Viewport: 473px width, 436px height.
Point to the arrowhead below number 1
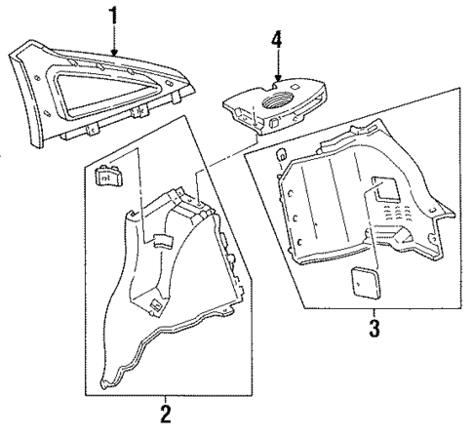115,53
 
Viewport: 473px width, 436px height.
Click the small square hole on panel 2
155,304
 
